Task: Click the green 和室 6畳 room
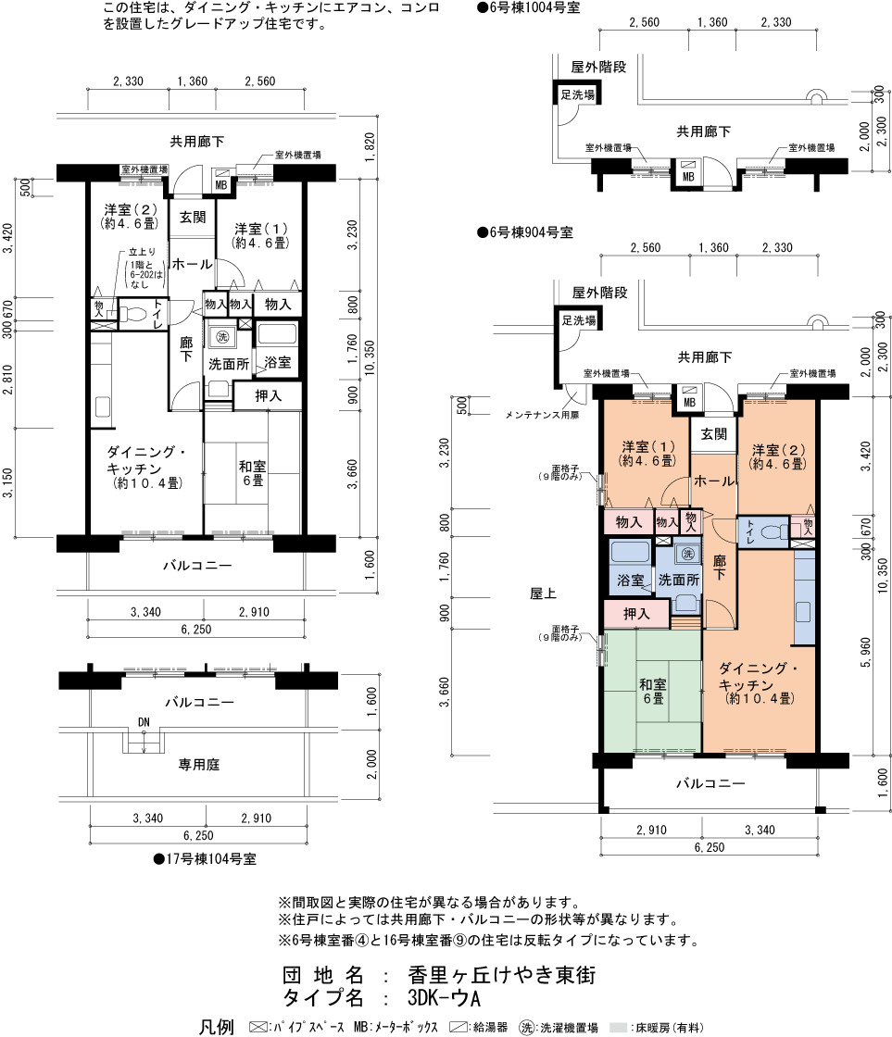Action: (652, 691)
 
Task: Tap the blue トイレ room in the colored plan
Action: (763, 531)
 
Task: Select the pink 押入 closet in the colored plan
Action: (636, 614)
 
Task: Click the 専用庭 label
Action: (198, 765)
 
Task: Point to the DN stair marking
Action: (144, 722)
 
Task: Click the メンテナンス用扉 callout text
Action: (542, 416)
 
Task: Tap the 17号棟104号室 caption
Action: (205, 859)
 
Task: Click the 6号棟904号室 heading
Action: (525, 232)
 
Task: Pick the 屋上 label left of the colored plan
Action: (543, 593)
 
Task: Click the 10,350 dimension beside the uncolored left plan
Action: (370, 358)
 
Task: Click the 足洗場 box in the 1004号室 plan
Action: (577, 94)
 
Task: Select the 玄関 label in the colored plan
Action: (714, 434)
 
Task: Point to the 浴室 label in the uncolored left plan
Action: (277, 362)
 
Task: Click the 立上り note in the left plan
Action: (143, 252)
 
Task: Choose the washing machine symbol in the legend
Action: (527, 1027)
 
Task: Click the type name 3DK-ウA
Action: (444, 997)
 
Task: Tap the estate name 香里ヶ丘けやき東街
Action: (502, 975)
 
